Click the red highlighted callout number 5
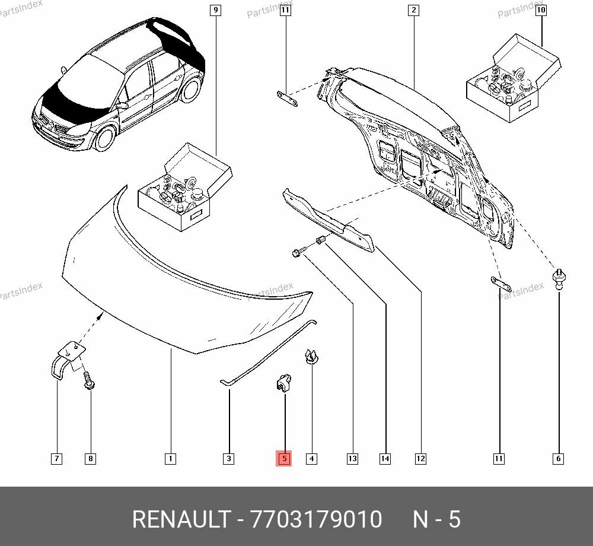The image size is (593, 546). (284, 458)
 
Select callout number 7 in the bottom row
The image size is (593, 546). (56, 458)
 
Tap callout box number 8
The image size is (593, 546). (90, 458)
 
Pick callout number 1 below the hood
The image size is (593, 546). (170, 458)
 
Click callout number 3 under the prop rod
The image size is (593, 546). (228, 458)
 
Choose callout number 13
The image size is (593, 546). (352, 458)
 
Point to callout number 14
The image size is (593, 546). (385, 458)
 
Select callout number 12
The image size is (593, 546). (420, 458)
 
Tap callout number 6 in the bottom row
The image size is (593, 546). (559, 458)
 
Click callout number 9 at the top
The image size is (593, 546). (215, 9)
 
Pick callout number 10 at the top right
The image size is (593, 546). (541, 9)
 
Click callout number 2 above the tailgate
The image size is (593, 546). (413, 9)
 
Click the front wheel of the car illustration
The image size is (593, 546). (104, 137)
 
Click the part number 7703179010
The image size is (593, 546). (317, 519)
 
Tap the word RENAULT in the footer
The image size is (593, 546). (180, 519)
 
